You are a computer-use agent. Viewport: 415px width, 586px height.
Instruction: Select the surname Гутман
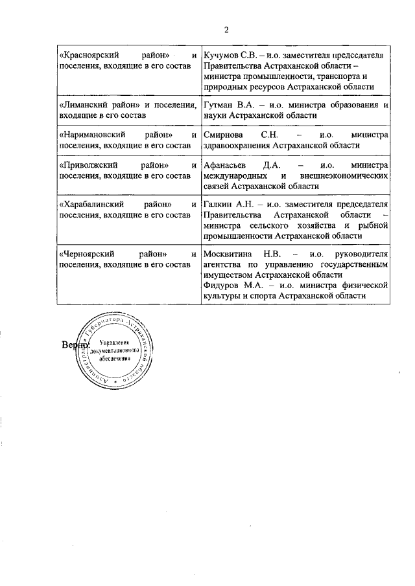click(x=220, y=104)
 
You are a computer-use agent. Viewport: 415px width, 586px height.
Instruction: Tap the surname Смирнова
click(x=224, y=135)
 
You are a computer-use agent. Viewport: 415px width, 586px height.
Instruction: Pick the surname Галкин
click(x=218, y=205)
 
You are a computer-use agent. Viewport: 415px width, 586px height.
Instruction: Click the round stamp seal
click(x=115, y=352)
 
